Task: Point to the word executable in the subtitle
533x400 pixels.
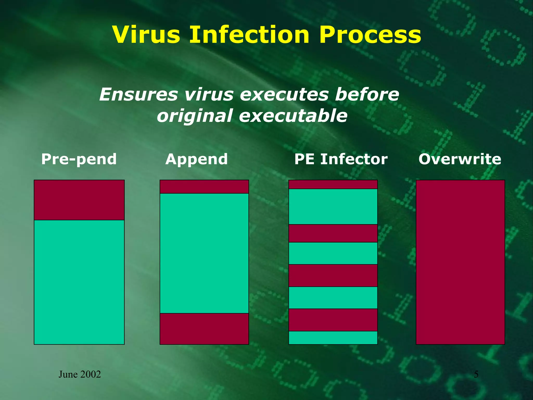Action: (293, 116)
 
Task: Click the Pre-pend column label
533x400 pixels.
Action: (79, 159)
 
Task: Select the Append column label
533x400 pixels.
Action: (196, 159)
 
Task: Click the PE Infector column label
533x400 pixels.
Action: (341, 159)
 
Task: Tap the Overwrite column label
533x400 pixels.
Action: (460, 159)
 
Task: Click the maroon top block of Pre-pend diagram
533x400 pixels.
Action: (79, 200)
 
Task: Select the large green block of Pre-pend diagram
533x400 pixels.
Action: (79, 282)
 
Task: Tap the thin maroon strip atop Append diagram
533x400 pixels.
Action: (204, 187)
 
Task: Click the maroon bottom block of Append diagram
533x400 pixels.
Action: (204, 329)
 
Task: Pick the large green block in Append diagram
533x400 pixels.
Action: (204, 253)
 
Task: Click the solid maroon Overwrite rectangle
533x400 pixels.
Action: (460, 262)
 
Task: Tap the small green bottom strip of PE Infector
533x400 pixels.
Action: (333, 338)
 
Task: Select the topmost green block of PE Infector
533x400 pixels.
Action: (333, 207)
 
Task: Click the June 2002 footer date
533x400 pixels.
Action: (80, 374)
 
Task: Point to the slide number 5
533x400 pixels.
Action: (476, 374)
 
